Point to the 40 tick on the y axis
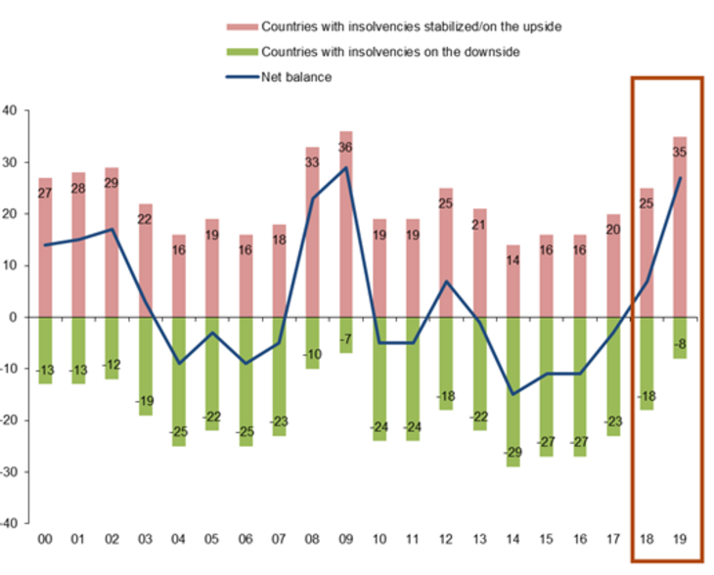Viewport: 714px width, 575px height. pyautogui.click(x=10, y=111)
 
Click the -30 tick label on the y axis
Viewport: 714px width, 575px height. pyautogui.click(x=8, y=472)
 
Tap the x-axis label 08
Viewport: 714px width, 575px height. pyautogui.click(x=312, y=539)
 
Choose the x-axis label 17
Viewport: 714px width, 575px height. pyautogui.click(x=613, y=539)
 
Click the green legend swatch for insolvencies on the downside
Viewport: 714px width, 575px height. pyautogui.click(x=241, y=51)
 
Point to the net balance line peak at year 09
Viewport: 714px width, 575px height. pyautogui.click(x=346, y=167)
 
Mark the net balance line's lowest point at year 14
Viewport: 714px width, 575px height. pyautogui.click(x=513, y=394)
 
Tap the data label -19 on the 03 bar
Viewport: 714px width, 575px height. pyautogui.click(x=145, y=400)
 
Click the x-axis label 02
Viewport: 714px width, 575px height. pyautogui.click(x=112, y=539)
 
